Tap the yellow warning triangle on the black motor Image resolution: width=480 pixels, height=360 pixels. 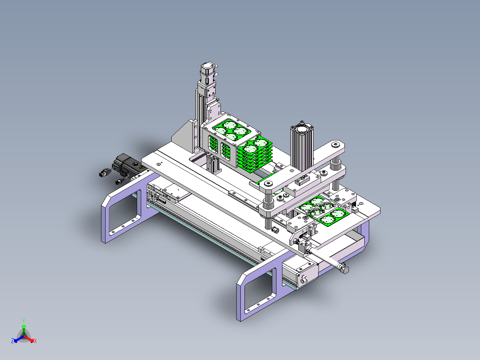coord(141,167)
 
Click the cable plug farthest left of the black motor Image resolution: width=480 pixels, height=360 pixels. coord(104,173)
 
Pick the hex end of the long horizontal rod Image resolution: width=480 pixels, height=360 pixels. coord(344,270)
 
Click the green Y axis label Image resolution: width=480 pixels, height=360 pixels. coord(24,321)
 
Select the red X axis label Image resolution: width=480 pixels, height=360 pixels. coord(35,341)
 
